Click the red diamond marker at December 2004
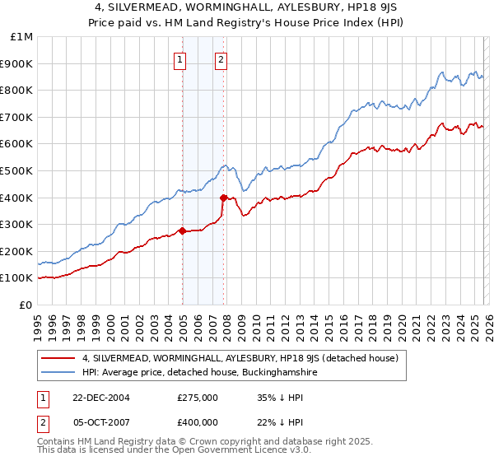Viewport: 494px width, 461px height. pos(182,230)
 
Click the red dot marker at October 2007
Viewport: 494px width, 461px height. pos(223,198)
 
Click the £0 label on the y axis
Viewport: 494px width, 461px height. pos(26,305)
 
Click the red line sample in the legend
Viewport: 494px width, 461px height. pos(58,358)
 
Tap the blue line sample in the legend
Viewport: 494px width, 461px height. pos(58,372)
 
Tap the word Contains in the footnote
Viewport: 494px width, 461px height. pos(58,442)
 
